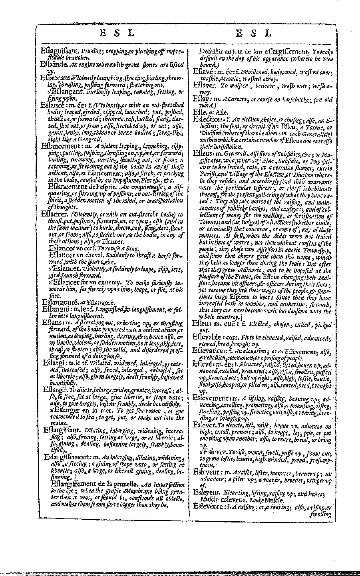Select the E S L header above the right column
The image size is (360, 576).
[x=254, y=34]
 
